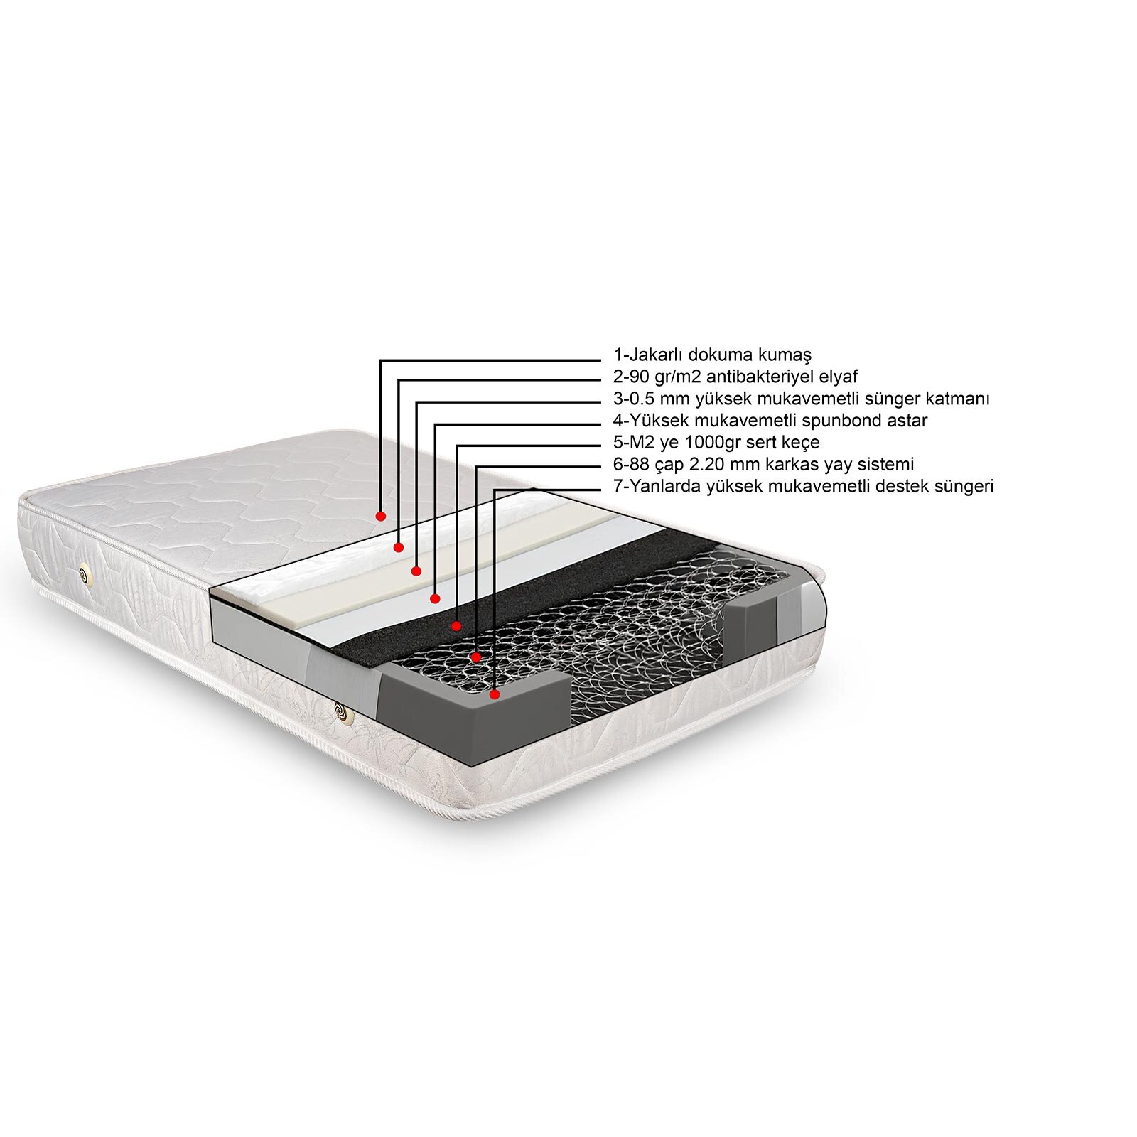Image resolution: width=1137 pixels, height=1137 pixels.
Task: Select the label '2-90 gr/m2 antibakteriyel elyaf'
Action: pos(735,377)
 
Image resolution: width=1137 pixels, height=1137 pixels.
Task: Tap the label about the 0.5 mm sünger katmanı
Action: pos(802,399)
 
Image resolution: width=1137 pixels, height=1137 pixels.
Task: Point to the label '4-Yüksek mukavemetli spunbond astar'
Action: pos(770,421)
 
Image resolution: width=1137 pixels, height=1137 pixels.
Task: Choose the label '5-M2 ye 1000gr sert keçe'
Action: pos(716,443)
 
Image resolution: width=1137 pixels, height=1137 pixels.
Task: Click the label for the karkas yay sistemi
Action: pos(763,465)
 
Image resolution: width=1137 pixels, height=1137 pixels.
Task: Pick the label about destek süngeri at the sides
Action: pos(803,487)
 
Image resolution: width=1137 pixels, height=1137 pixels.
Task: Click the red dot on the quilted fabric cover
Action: pos(381,515)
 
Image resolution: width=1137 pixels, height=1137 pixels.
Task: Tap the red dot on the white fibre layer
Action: pos(399,547)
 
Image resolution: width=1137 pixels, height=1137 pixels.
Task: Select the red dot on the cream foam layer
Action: pos(416,571)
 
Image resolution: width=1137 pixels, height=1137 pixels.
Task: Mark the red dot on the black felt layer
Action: pos(456,626)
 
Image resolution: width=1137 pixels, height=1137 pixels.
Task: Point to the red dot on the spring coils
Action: pos(476,657)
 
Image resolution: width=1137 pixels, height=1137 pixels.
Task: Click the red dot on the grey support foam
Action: pos(495,693)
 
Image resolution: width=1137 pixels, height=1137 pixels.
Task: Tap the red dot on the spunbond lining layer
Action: pos(435,598)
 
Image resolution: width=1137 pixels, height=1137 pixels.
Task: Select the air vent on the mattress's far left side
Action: pos(86,574)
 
